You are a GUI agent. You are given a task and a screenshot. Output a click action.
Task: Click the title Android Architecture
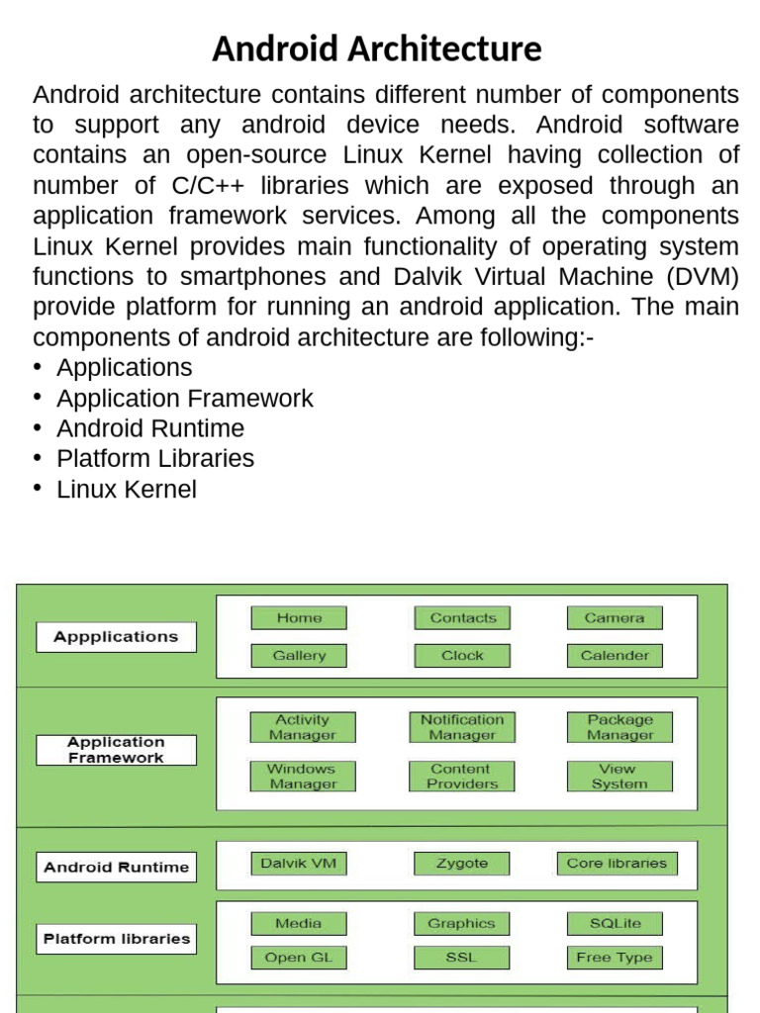tap(377, 48)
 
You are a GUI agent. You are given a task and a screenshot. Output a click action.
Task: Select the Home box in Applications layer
tap(299, 618)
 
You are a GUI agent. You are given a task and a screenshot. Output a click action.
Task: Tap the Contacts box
tap(462, 618)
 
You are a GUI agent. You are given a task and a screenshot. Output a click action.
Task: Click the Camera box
tap(615, 618)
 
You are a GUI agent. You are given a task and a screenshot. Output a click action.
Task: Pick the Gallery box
tap(299, 655)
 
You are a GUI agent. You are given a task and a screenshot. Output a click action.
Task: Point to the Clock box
tap(462, 655)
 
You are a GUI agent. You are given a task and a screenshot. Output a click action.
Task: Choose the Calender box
tap(615, 655)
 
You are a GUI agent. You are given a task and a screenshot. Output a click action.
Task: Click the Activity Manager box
tap(302, 727)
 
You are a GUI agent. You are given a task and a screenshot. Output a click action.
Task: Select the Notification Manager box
tap(462, 727)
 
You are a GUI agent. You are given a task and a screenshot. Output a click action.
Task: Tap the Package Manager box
tap(620, 727)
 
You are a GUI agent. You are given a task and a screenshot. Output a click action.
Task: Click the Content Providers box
tap(462, 777)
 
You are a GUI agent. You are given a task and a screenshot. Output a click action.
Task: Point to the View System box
tap(620, 777)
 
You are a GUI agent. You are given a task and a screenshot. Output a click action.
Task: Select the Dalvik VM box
tap(298, 864)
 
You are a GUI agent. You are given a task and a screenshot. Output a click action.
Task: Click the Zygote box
tap(462, 864)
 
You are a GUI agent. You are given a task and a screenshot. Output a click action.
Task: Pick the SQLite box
tap(615, 924)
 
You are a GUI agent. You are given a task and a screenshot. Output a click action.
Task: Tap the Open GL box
tap(299, 958)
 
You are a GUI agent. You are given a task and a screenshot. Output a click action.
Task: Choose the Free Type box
tap(615, 958)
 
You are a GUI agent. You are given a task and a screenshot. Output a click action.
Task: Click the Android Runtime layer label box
tap(116, 868)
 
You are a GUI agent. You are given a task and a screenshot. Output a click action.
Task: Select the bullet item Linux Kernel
tap(127, 490)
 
